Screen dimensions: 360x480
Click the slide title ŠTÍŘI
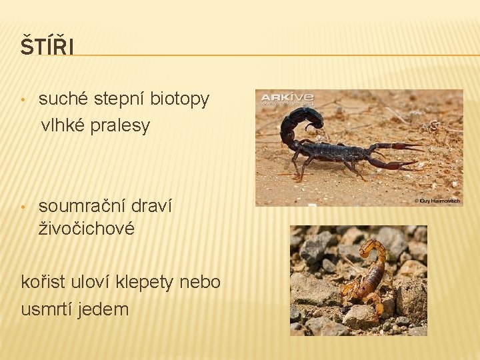[47, 48]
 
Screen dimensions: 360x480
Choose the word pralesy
[125, 125]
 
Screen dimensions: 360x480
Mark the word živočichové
[87, 229]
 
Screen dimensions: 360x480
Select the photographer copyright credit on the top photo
[437, 201]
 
